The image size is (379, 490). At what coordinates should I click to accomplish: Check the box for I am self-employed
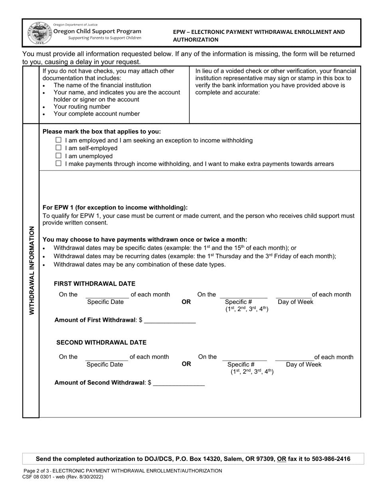pos(59,148)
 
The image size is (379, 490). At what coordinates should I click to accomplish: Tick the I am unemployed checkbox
pos(59,156)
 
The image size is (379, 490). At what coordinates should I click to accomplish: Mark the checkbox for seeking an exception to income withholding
pos(59,140)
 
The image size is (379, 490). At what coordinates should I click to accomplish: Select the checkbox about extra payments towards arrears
pos(59,164)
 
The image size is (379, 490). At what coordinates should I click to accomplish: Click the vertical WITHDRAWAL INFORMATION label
pos(31,270)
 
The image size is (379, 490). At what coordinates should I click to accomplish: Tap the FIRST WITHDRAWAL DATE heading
pos(95,284)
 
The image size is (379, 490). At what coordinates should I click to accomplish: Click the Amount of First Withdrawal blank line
pos(170,320)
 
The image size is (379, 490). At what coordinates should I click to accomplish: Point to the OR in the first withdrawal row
pos(186,302)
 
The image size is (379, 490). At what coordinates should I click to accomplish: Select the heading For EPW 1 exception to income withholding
pos(115,208)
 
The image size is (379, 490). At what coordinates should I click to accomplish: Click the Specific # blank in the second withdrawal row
pos(244,357)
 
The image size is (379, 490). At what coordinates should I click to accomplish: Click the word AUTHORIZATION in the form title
pos(195,40)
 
